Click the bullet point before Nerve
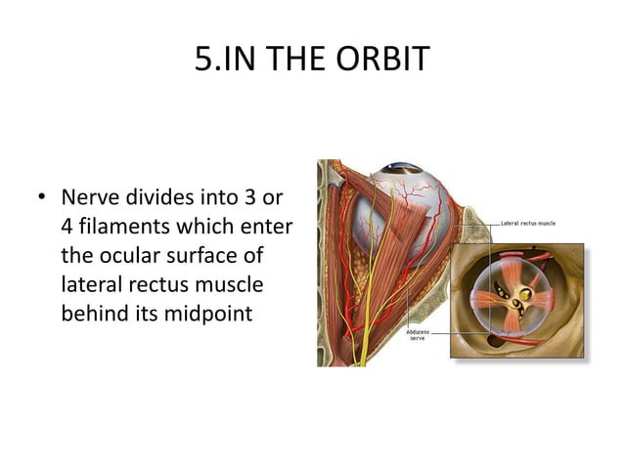coord(41,199)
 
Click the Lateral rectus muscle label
coord(528,224)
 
